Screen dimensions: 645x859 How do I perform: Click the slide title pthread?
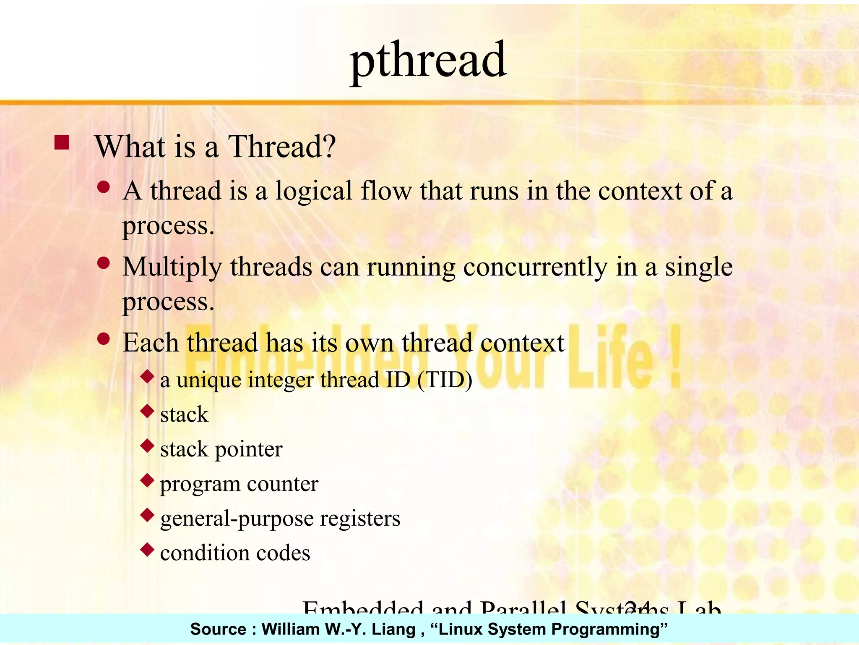click(428, 61)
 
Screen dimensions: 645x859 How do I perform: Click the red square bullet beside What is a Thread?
click(62, 143)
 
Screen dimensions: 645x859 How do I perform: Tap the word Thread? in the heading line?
click(281, 147)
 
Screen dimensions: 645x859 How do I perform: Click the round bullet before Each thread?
click(103, 338)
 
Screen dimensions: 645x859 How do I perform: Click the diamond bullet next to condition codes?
click(147, 549)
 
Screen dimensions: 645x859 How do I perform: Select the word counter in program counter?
click(282, 484)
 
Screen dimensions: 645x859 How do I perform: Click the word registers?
click(360, 519)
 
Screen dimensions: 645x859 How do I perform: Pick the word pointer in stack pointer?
click(248, 450)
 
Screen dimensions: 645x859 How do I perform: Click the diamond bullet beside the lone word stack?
click(147, 411)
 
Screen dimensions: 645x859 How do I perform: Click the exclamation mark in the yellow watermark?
click(674, 357)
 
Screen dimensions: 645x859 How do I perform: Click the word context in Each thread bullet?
click(522, 343)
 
